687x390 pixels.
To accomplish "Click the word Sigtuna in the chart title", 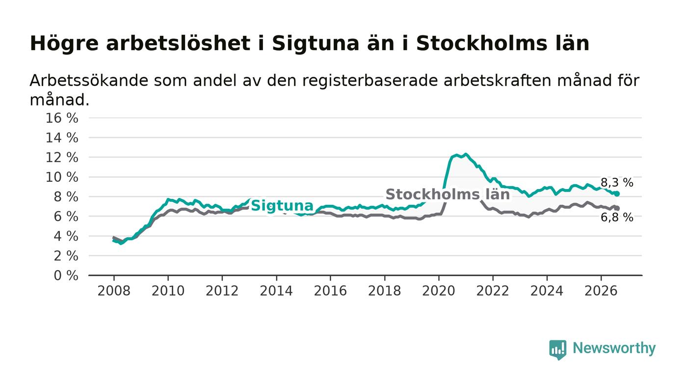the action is [x=315, y=44].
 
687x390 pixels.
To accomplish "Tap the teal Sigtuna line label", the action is [x=282, y=205].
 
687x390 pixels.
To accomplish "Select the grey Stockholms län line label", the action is [x=448, y=195].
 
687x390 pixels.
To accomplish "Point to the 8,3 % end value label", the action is [x=617, y=183].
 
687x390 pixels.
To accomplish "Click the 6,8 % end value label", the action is [x=617, y=218].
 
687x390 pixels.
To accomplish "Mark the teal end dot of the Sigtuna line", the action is [x=617, y=194].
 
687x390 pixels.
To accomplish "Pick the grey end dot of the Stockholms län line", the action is [x=617, y=208].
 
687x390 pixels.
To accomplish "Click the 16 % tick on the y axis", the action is [x=62, y=118].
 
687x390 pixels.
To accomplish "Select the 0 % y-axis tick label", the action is [x=66, y=276].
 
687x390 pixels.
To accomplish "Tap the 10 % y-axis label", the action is [x=62, y=177].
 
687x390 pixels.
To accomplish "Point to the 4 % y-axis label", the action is [x=66, y=236].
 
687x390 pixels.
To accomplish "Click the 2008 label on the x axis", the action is [x=114, y=291].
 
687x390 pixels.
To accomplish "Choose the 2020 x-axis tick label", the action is [x=439, y=291].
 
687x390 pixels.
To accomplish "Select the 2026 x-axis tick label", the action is [x=601, y=291].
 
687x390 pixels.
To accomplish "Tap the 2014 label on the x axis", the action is [x=276, y=291].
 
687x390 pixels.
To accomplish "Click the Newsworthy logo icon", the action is [x=557, y=350].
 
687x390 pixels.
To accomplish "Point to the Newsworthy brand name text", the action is [x=614, y=348].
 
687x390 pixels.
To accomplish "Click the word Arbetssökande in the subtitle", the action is [x=89, y=81].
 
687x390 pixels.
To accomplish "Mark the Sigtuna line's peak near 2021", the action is [x=466, y=154].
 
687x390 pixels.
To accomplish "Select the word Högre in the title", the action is [x=64, y=44].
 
